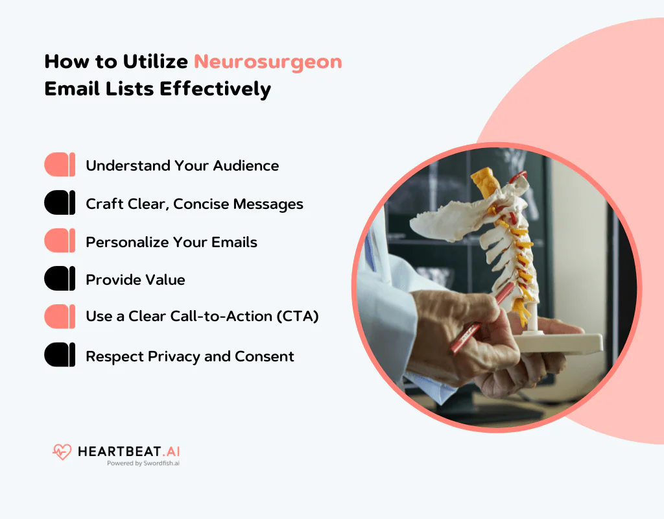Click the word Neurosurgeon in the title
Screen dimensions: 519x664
(268, 62)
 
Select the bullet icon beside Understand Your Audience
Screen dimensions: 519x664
(60, 165)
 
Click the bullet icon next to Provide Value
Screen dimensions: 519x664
(60, 280)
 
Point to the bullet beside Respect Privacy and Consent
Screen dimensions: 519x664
(60, 356)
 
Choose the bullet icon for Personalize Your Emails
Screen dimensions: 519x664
(60, 242)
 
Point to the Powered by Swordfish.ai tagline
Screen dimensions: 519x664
(143, 464)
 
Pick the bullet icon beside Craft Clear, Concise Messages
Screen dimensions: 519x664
(60, 204)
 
